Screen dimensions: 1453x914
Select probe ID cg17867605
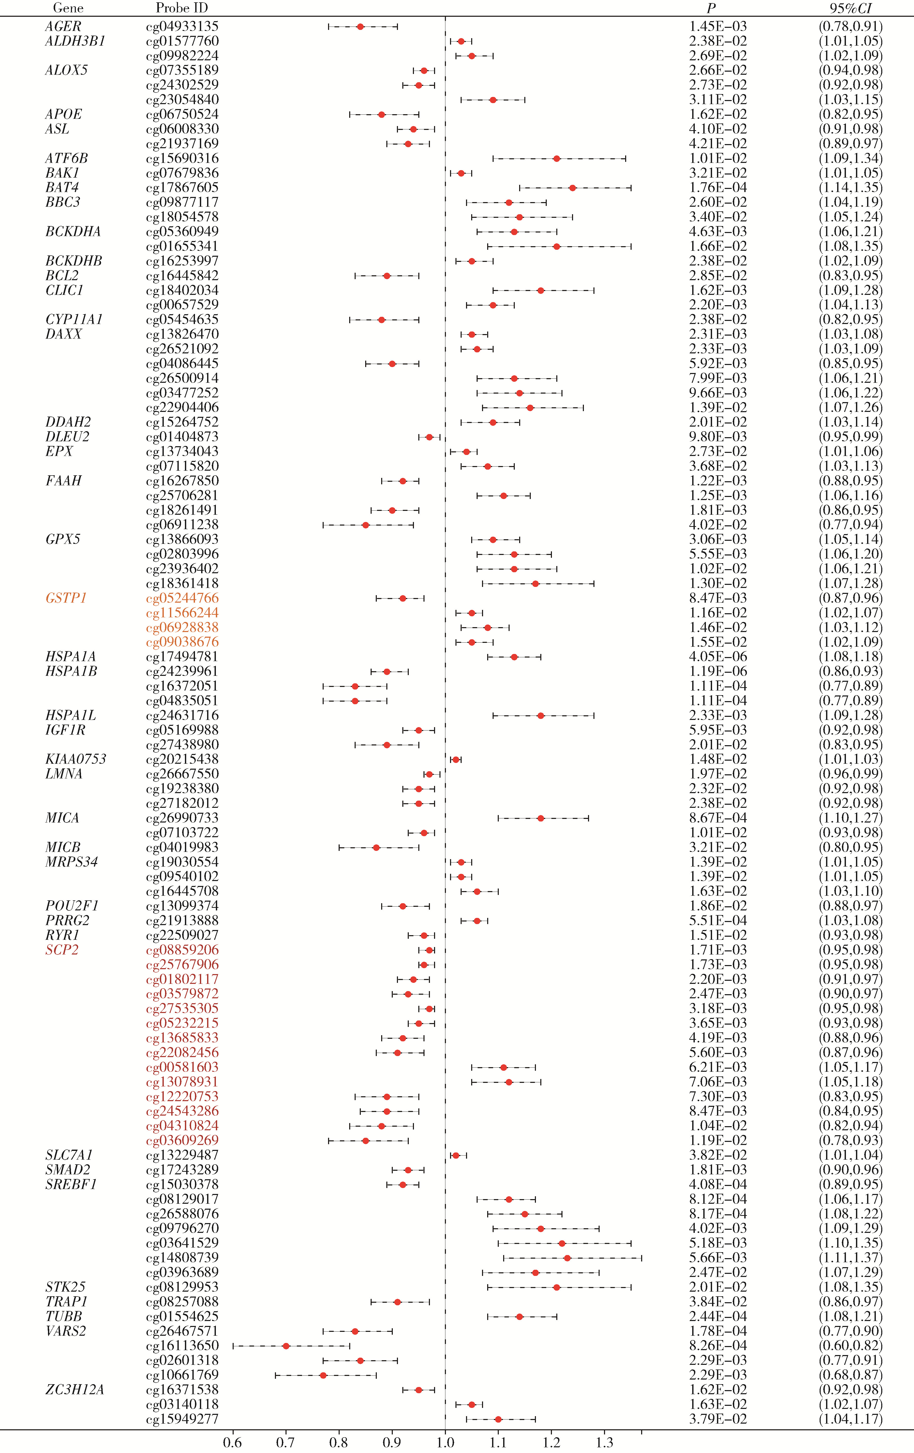(x=182, y=188)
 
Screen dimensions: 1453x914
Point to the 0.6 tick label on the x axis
(x=232, y=1443)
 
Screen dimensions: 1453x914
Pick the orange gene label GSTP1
(x=66, y=598)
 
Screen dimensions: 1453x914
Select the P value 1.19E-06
(x=718, y=671)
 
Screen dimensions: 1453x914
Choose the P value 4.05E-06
(x=718, y=657)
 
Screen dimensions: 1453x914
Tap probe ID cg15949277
(x=182, y=1419)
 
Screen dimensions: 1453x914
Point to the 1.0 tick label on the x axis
(x=445, y=1443)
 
